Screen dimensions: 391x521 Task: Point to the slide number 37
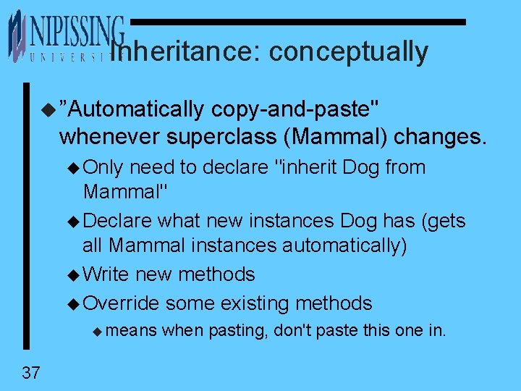tap(31, 374)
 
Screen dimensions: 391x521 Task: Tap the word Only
tap(104, 167)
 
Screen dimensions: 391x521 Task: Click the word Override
tap(121, 303)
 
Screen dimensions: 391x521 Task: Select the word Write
tap(107, 274)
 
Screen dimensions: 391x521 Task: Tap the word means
tap(134, 332)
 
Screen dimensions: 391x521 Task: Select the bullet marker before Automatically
tap(48, 110)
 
